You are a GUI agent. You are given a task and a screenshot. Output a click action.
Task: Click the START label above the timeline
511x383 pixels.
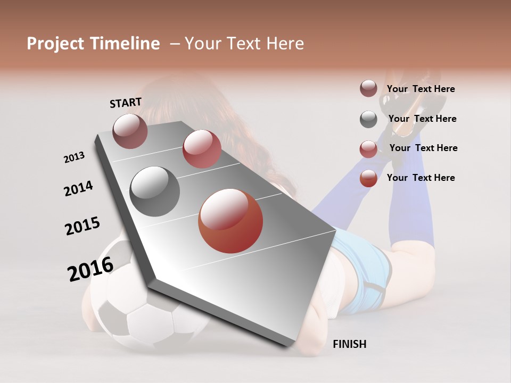coord(126,103)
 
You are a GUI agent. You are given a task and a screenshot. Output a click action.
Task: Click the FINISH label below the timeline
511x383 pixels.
coord(349,344)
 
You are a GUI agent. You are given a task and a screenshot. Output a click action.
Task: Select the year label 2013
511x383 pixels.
coord(74,157)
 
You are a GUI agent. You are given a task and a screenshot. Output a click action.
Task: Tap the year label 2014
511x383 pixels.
coord(78,188)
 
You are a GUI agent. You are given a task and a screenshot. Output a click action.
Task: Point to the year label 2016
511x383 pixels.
coord(90,269)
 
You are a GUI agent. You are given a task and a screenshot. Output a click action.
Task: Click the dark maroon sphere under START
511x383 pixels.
coord(130,131)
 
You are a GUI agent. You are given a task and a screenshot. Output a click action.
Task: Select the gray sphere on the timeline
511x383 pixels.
coord(155,191)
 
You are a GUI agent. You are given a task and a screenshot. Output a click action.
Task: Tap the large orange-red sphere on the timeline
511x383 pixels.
coord(230,221)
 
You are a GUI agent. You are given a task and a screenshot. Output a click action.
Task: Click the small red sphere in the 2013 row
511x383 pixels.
coord(202,149)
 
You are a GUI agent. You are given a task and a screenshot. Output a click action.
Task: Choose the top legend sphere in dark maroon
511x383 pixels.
coord(368,89)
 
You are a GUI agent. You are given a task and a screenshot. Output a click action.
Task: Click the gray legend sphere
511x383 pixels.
coord(368,119)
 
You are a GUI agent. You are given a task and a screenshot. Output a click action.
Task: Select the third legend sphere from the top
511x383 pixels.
coord(368,149)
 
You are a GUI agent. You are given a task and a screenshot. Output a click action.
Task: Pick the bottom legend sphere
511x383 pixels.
coord(368,178)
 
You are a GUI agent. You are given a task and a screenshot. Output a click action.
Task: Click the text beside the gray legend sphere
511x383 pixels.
coord(422,119)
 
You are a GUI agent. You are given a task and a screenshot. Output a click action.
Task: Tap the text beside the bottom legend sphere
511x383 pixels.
coord(421,178)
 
